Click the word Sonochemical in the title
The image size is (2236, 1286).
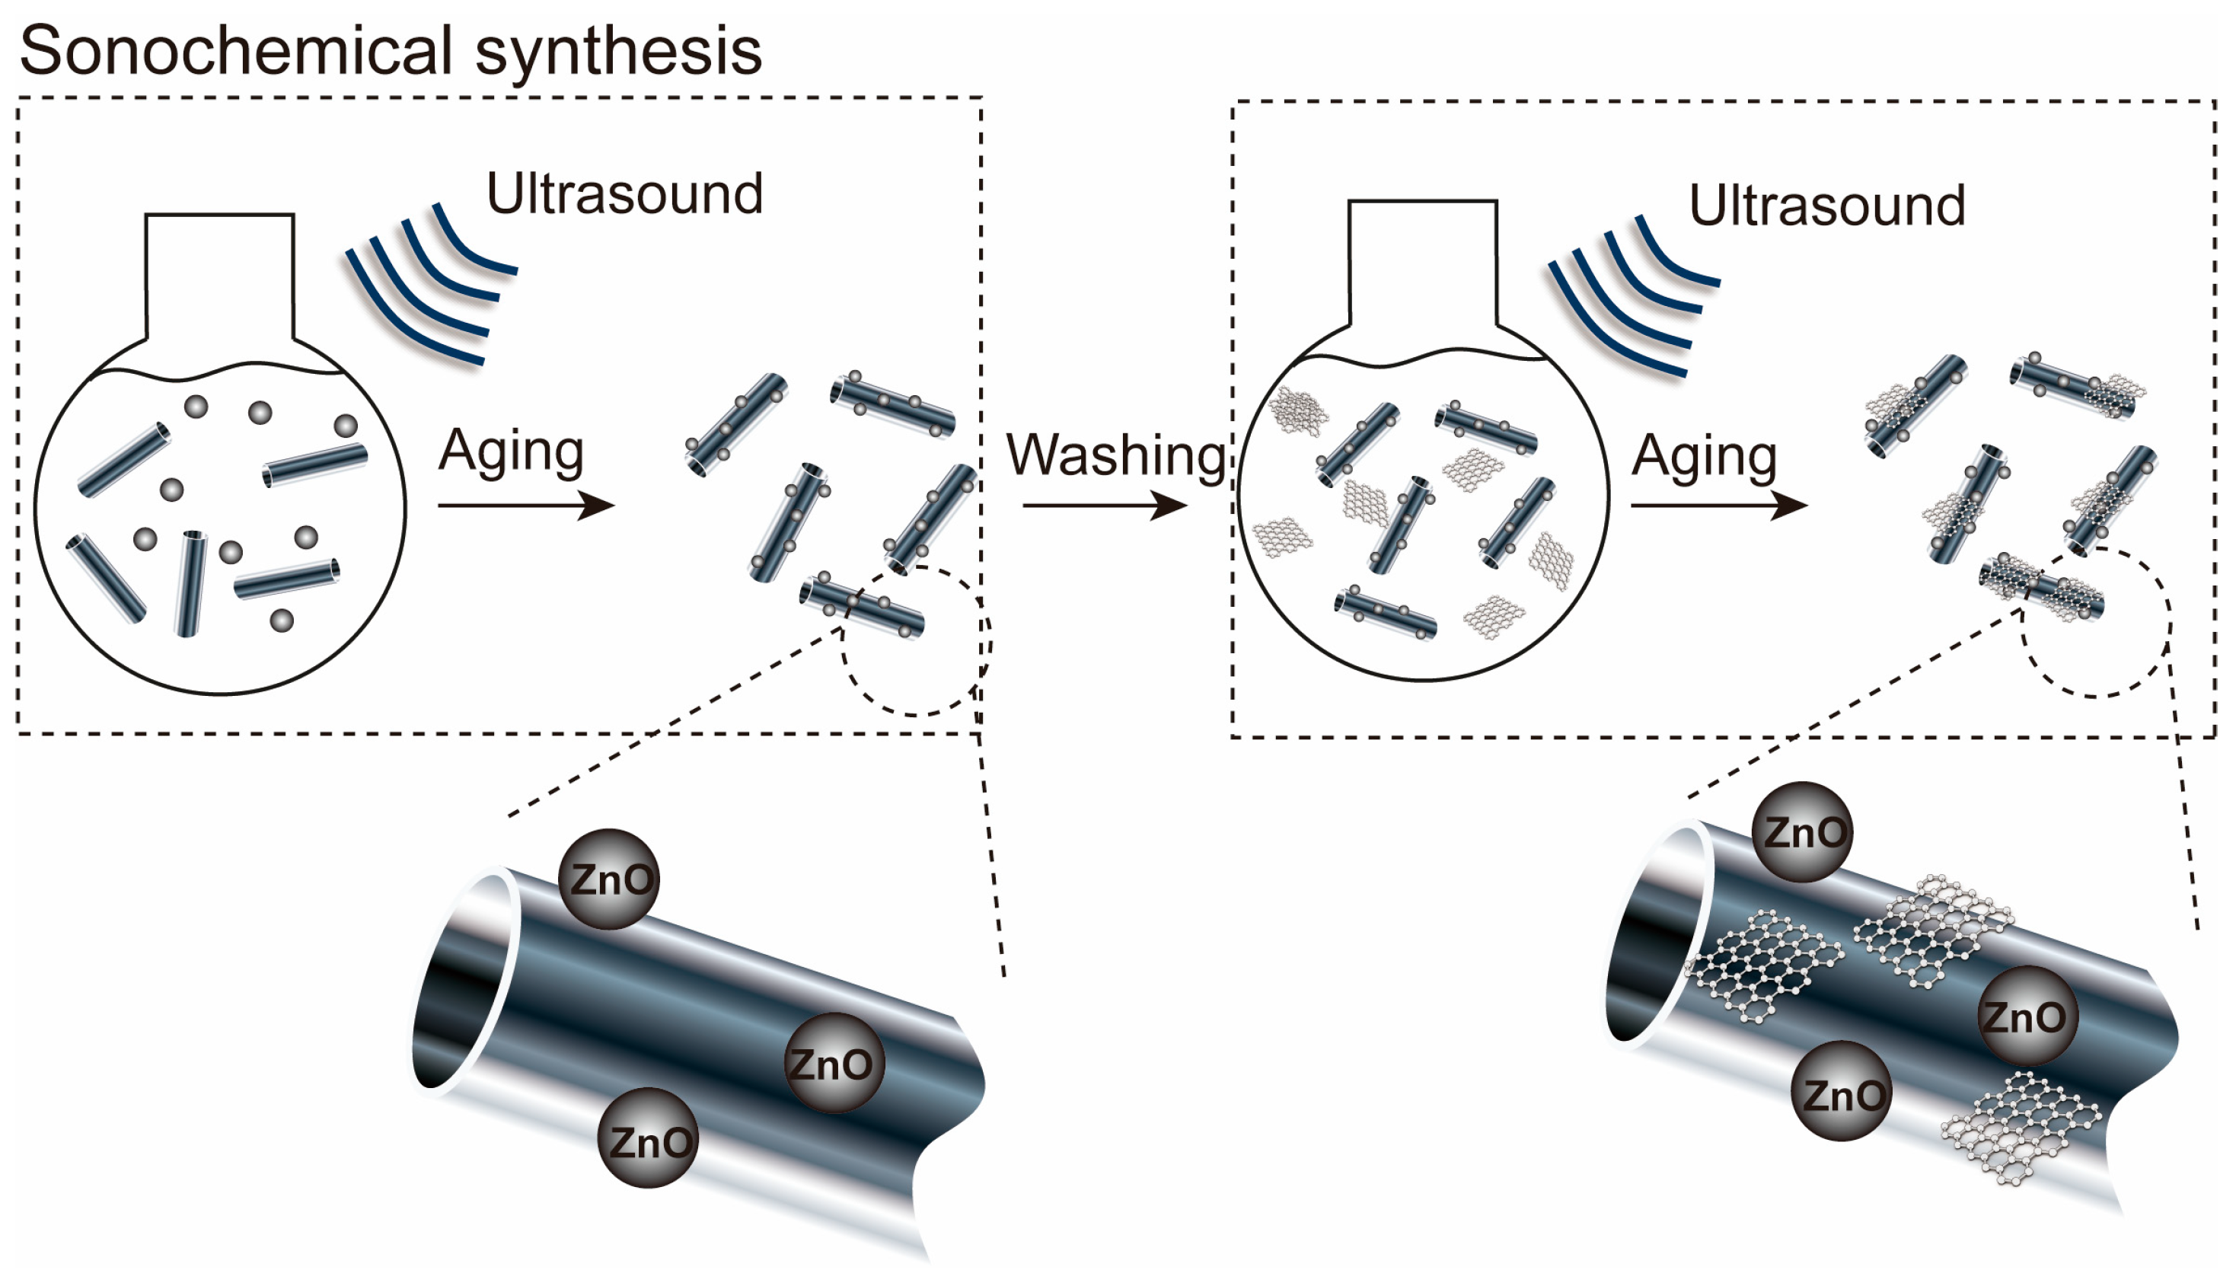(236, 50)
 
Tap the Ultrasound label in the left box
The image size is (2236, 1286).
(624, 193)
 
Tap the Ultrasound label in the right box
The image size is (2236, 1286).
(1826, 206)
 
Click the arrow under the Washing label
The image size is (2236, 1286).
(1104, 506)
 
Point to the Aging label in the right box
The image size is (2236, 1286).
(1704, 458)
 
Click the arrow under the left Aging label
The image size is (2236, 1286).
(525, 506)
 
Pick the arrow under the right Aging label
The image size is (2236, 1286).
(1718, 506)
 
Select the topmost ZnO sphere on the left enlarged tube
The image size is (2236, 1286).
(609, 879)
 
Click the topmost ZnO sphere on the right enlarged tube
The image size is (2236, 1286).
(1801, 832)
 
